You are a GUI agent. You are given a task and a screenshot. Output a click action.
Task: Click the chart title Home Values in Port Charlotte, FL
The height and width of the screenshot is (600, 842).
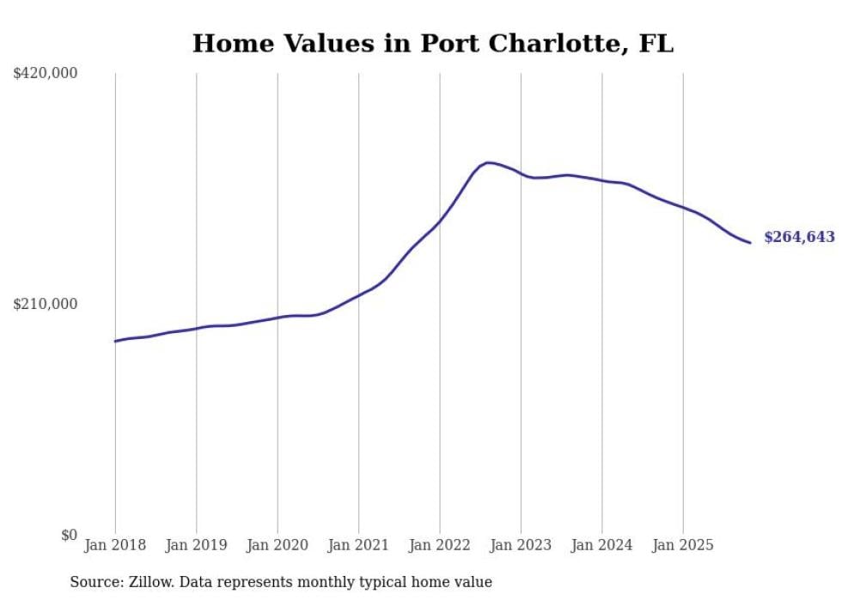[433, 43]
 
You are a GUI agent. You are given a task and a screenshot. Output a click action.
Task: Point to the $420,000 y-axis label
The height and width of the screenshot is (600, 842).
[46, 74]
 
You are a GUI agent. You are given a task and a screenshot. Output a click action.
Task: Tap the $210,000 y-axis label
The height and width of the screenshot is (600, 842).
[46, 304]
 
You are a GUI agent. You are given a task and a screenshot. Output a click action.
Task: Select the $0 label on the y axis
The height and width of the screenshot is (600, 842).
[69, 535]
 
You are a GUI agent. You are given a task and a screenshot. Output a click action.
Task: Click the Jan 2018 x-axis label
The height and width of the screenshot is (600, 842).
[115, 545]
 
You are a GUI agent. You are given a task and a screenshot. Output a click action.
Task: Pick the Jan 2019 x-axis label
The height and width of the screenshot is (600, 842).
[196, 545]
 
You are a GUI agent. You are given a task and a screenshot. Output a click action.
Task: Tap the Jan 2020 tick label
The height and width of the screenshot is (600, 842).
[278, 545]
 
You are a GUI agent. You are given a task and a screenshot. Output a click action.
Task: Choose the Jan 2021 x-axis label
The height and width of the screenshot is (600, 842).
[358, 545]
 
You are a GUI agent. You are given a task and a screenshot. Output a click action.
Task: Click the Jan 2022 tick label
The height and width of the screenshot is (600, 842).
[440, 545]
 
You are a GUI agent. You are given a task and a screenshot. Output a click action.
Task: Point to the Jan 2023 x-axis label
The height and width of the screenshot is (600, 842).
[521, 545]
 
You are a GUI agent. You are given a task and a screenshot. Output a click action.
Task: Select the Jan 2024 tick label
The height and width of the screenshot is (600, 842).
[601, 545]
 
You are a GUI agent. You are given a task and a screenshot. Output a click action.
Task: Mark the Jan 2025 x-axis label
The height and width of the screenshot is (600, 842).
[683, 545]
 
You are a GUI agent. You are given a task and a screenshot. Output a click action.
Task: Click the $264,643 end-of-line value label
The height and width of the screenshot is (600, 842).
[799, 238]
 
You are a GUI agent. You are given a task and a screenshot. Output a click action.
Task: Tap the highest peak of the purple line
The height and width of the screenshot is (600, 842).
[488, 162]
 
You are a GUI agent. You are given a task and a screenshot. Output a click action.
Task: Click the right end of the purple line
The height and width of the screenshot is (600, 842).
[750, 243]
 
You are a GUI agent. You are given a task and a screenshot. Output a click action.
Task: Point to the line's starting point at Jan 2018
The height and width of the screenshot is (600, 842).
[115, 342]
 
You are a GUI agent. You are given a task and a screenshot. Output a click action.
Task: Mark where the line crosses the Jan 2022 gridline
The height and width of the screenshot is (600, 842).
[440, 221]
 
